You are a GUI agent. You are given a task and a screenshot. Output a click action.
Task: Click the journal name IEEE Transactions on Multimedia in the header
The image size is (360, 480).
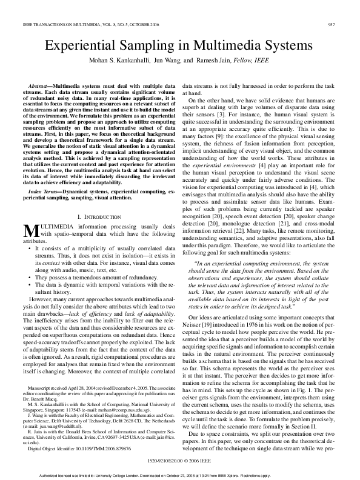(x=72, y=25)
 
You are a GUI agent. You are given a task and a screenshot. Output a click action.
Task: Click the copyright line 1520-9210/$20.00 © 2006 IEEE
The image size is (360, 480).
(x=180, y=461)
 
